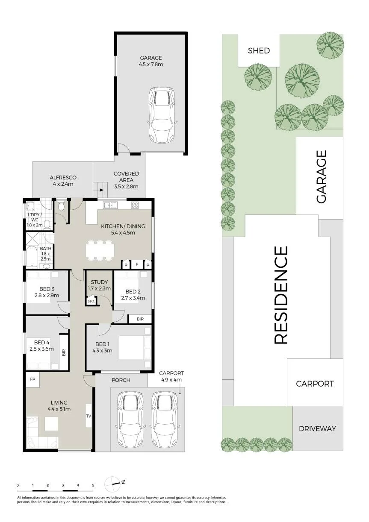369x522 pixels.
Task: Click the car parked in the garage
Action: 162,115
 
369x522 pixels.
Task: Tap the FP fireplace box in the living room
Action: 32,379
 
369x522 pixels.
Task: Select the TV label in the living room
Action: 89,416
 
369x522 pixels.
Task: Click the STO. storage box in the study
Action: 91,301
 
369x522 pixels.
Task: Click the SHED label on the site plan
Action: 259,50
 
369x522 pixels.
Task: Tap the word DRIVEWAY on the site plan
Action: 317,428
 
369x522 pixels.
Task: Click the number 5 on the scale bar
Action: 93,485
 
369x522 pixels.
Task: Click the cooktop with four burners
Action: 135,205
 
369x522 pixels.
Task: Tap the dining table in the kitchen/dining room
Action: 100,250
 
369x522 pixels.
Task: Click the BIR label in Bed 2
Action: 140,319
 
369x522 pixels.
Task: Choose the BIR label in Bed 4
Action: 64,352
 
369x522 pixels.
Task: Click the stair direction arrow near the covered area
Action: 101,190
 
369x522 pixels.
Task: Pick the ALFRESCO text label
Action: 63,178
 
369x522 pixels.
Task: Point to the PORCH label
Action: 121,380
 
